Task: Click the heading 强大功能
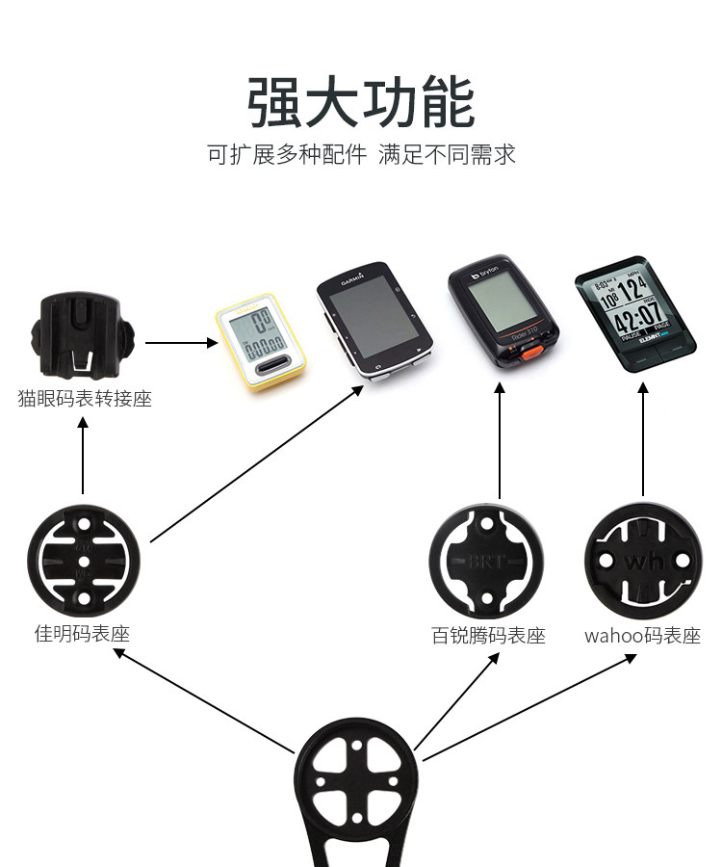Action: pos(361,104)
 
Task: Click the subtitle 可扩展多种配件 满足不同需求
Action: pos(361,154)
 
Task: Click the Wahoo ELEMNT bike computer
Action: pos(636,314)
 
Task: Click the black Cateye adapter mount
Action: pos(81,338)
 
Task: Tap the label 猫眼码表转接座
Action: pos(84,398)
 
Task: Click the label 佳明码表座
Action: pos(83,634)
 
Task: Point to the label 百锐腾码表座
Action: pos(488,637)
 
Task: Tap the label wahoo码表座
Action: pos(642,637)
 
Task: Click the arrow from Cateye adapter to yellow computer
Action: pos(181,342)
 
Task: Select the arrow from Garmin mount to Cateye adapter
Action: pos(83,457)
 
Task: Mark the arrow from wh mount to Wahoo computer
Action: pos(642,438)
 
